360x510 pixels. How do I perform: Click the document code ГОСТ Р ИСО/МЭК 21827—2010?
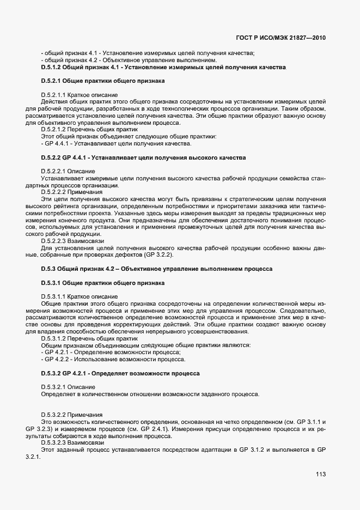[284, 38]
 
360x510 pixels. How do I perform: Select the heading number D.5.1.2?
[53, 67]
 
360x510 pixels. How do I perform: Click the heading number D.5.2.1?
[53, 81]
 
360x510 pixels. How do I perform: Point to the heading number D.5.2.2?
[53, 157]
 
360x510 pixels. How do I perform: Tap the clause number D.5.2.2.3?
[57, 241]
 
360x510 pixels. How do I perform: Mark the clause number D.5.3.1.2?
[57, 338]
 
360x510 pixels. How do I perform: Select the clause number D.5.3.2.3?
[57, 443]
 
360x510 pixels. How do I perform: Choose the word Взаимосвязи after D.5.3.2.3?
[92, 443]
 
